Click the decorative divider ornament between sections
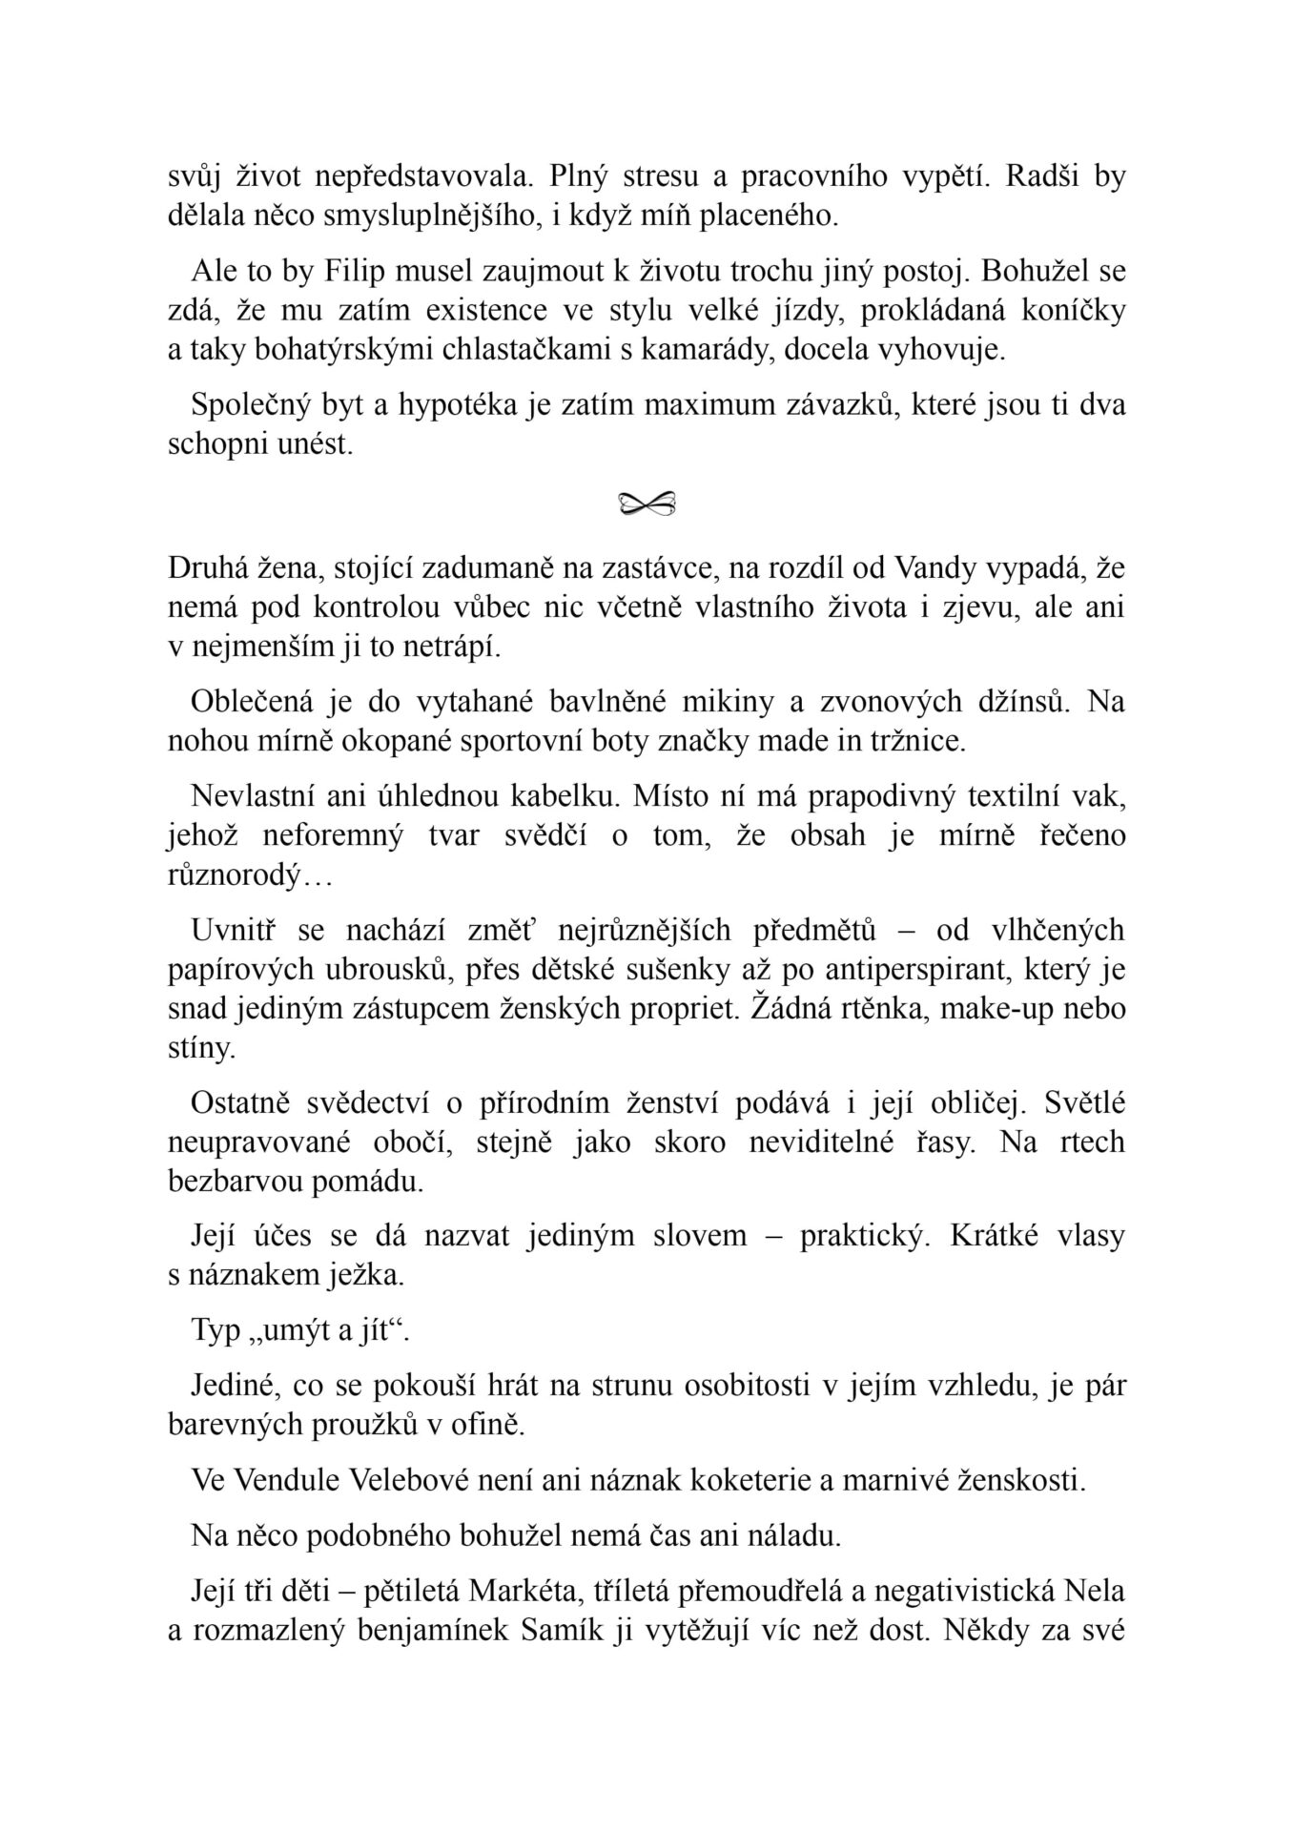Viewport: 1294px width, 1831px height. click(647, 503)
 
